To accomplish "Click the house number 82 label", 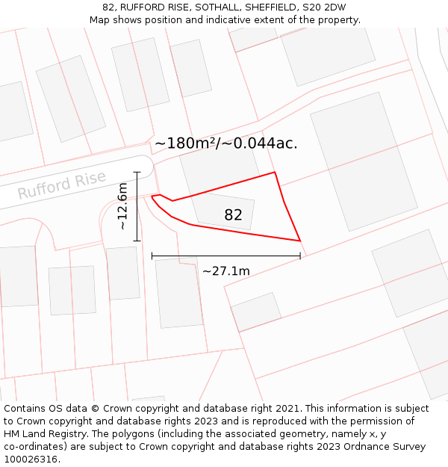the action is pos(233,215).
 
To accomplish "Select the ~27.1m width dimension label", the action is pos(225,270).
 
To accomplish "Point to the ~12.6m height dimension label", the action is pos(123,206).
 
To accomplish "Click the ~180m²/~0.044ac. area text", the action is pos(225,143).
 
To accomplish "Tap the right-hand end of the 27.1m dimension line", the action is pos(300,256).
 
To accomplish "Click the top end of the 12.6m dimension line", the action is pos(137,173).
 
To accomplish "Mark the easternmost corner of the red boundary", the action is pos(300,241).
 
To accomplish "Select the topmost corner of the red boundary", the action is pos(275,172).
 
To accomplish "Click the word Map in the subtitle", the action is pos(100,20).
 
